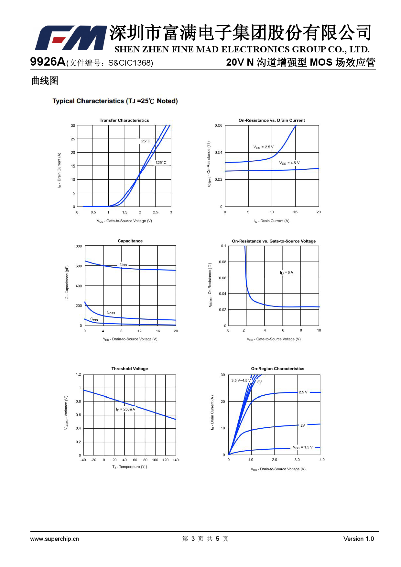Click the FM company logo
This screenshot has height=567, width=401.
coord(70,38)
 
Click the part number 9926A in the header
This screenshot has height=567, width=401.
coord(48,61)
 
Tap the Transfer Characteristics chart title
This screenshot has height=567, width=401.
coord(124,120)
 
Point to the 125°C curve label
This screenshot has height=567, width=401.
coord(161,163)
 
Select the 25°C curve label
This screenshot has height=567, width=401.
coord(146,141)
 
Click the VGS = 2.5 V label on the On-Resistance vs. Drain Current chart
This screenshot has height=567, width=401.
coord(263,147)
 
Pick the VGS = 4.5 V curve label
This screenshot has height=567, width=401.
coord(289,163)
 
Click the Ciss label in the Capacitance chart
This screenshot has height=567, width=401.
coord(123,264)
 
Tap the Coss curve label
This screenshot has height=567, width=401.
coord(111,313)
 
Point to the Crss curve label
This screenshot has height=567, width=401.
coord(94,319)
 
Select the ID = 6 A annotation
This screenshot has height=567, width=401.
coord(287,273)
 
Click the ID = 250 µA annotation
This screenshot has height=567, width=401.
coord(125,409)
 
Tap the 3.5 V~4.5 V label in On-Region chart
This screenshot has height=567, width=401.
coord(241,380)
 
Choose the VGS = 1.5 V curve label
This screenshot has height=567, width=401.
coord(303,447)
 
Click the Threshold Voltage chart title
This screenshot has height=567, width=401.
coord(129,369)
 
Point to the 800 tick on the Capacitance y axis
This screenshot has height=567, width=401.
coord(79,246)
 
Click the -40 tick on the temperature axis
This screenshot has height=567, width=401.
coord(83,460)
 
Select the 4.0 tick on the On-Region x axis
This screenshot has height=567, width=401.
coord(322,460)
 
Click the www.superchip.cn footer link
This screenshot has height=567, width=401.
coord(54,539)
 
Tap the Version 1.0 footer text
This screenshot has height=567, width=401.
coord(358,539)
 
